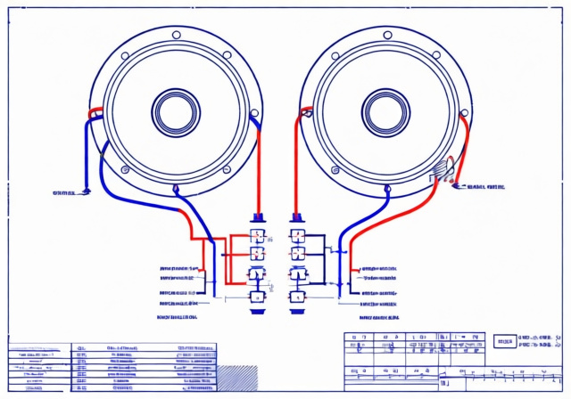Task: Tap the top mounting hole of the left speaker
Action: (x=176, y=35)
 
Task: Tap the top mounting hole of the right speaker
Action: (x=386, y=35)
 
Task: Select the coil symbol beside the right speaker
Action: (x=443, y=169)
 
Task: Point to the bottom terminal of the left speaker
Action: (x=176, y=188)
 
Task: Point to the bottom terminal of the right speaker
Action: (x=386, y=188)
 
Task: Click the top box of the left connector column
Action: (x=257, y=236)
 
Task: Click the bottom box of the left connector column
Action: (x=257, y=297)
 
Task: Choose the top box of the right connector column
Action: (x=297, y=236)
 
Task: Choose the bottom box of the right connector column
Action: (x=297, y=297)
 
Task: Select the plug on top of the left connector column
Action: (x=258, y=217)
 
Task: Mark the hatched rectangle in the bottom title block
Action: (x=236, y=373)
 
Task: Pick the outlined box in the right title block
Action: (x=505, y=341)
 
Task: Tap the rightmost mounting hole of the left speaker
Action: (x=253, y=113)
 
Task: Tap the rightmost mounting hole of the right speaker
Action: (x=463, y=113)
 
